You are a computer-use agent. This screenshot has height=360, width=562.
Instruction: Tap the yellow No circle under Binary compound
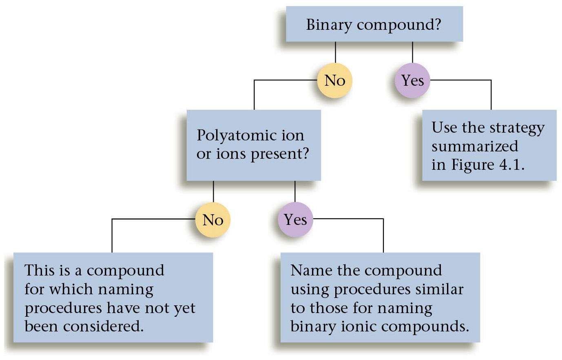click(335, 80)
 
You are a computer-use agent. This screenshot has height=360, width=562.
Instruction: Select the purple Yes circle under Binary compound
click(412, 80)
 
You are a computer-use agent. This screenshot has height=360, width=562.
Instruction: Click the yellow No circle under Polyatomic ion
click(212, 220)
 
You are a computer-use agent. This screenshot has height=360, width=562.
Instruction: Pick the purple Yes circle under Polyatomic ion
click(295, 220)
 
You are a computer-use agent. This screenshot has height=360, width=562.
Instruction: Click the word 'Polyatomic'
click(231, 135)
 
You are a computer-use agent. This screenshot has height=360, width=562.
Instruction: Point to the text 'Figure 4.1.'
click(488, 164)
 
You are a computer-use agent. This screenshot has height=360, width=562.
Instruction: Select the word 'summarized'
click(475, 146)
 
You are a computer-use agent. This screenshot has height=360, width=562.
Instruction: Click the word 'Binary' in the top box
click(329, 24)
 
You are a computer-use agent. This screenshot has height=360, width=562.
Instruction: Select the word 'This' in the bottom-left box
click(39, 270)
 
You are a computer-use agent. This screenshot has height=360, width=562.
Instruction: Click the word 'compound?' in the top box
click(399, 25)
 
